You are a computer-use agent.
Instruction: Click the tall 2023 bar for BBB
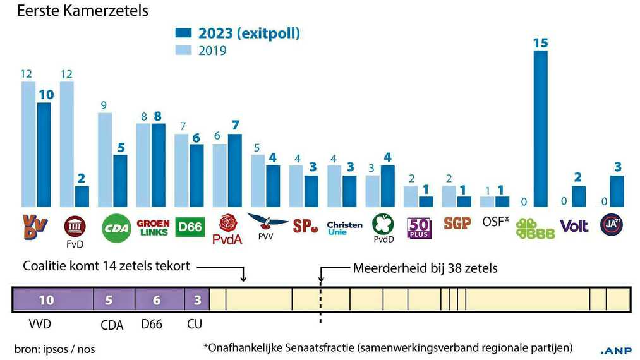(x=541, y=129)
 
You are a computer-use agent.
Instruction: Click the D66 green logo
(x=190, y=226)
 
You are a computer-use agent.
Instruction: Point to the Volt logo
(x=574, y=225)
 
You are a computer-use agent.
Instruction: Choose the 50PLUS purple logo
(x=420, y=227)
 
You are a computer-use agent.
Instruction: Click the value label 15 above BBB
(x=540, y=43)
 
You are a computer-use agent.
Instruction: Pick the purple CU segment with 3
(x=196, y=300)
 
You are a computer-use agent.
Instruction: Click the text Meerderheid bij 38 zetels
(x=425, y=268)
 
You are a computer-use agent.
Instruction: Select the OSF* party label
(x=496, y=222)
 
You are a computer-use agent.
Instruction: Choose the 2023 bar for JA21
(x=617, y=191)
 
